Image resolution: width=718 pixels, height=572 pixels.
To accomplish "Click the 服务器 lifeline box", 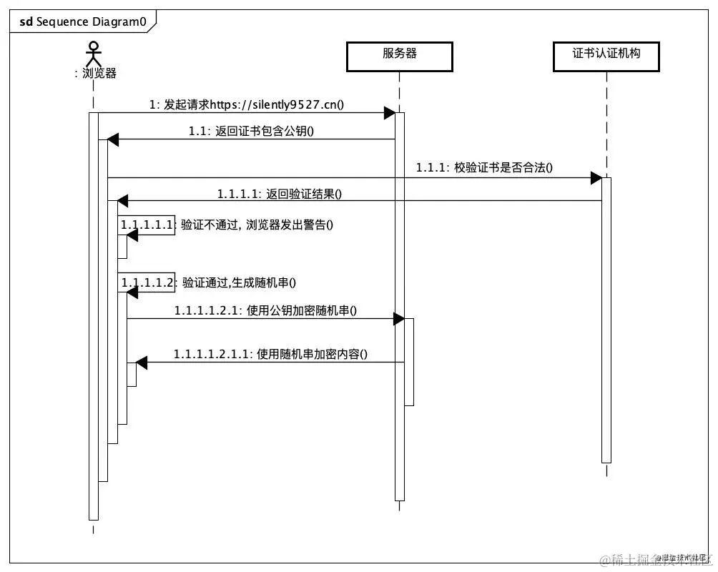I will pyautogui.click(x=399, y=56).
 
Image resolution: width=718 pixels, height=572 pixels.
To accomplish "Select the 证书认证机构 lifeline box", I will pyautogui.click(x=606, y=56).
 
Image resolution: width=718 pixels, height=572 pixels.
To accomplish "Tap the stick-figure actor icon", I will pyautogui.click(x=92, y=53).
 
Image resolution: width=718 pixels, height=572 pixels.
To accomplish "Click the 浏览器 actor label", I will pyautogui.click(x=96, y=73).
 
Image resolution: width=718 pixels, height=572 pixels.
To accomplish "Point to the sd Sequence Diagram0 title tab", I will pyautogui.click(x=83, y=21).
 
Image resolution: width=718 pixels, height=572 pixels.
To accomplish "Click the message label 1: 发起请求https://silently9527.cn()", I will pyautogui.click(x=247, y=104).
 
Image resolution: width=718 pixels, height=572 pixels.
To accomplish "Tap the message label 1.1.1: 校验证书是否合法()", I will pyautogui.click(x=484, y=167).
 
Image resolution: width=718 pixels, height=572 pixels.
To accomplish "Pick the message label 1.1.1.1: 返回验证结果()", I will pyautogui.click(x=280, y=194).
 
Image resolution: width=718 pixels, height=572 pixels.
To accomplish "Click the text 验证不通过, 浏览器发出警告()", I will pyautogui.click(x=257, y=225).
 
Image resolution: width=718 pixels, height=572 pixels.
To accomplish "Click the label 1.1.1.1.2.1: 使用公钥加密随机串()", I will pyautogui.click(x=265, y=310).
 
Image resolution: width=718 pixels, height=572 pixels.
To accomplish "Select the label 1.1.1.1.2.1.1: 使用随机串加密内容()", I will pyautogui.click(x=270, y=354).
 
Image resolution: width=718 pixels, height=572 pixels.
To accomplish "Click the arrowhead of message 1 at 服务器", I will pyautogui.click(x=390, y=113).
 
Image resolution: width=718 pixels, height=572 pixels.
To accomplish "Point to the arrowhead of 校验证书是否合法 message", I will pyautogui.click(x=596, y=177).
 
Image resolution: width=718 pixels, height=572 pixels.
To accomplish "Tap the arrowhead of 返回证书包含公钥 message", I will pyautogui.click(x=113, y=140).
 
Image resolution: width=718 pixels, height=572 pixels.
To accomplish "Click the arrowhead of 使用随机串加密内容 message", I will pyautogui.click(x=142, y=363).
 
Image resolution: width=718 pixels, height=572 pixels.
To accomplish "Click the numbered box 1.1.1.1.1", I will pyautogui.click(x=147, y=225).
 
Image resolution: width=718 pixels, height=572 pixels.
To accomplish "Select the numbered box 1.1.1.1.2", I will pyautogui.click(x=147, y=282).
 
